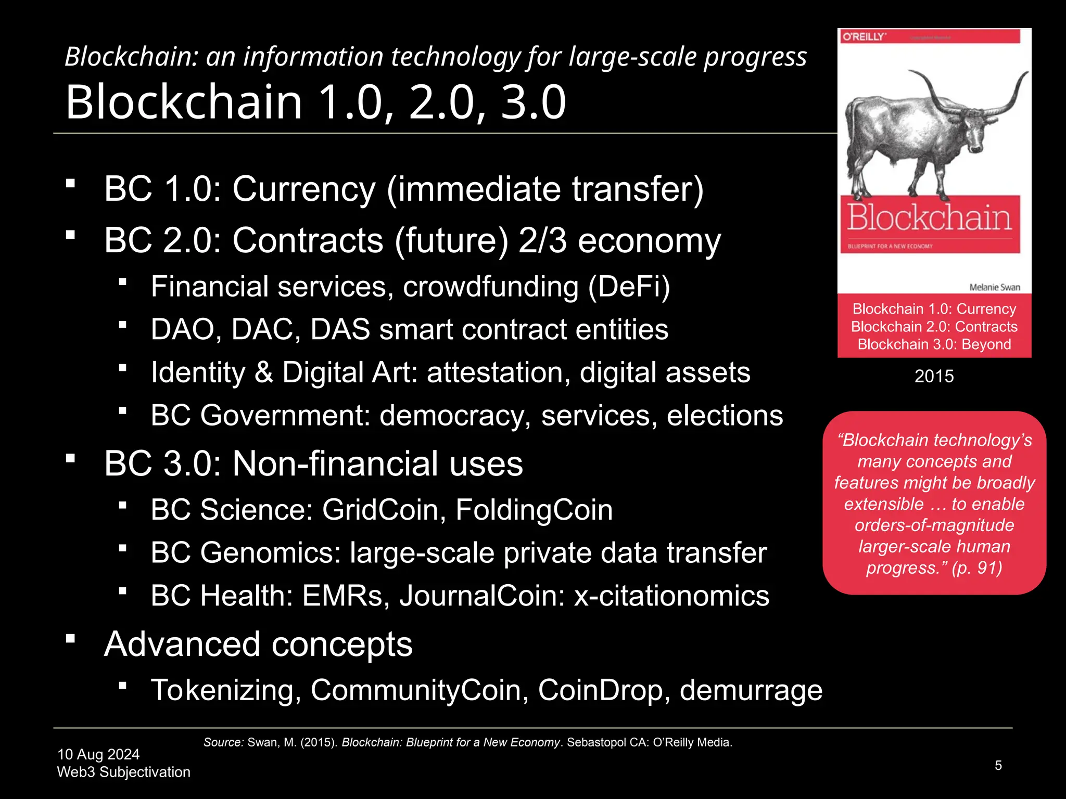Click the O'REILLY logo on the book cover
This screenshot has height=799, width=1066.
click(x=864, y=37)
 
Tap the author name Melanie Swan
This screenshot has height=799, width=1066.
click(x=994, y=287)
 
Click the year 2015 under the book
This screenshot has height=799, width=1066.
click(x=934, y=376)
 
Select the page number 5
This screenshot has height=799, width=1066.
click(x=998, y=765)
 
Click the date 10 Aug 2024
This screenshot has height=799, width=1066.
click(x=98, y=754)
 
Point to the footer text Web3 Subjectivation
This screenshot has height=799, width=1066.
click(x=123, y=772)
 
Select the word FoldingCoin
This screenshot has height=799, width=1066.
click(x=534, y=510)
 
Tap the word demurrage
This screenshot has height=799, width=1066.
click(x=751, y=690)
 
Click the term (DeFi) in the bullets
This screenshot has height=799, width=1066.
click(x=629, y=287)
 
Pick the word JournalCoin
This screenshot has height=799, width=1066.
click(x=482, y=596)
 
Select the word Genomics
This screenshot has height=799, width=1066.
click(x=271, y=553)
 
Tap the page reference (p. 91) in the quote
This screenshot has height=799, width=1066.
click(x=976, y=568)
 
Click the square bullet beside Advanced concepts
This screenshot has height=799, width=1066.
click(x=71, y=638)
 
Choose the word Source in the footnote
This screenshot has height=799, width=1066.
click(x=223, y=742)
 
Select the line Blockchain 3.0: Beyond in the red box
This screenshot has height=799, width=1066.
click(x=934, y=344)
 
